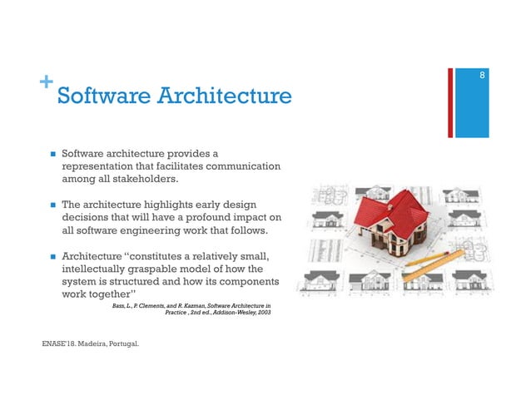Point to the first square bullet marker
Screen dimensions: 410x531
click(52, 154)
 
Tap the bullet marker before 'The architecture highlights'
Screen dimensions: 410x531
click(52, 205)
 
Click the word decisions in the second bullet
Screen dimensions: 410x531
click(87, 216)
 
